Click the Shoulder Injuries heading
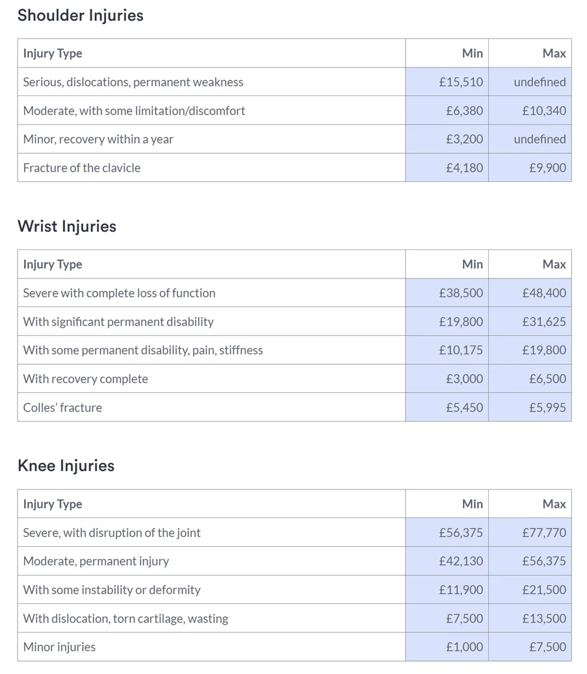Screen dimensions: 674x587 (80, 16)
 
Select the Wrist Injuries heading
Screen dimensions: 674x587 (67, 227)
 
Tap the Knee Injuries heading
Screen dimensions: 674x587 (66, 466)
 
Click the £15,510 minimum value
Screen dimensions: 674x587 (461, 82)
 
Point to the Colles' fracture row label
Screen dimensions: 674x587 (62, 408)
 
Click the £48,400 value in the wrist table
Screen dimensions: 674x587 (543, 293)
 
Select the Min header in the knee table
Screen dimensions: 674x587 (473, 505)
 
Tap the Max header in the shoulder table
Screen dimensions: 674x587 (554, 54)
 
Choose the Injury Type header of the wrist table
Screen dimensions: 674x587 (53, 265)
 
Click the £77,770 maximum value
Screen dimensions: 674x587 (543, 533)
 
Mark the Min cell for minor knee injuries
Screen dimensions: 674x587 (464, 647)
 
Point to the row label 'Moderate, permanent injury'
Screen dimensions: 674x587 (96, 562)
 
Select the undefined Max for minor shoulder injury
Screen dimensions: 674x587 (540, 140)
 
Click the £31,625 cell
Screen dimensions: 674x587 (543, 322)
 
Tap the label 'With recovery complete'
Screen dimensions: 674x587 (85, 379)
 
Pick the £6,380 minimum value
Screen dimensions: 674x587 (464, 111)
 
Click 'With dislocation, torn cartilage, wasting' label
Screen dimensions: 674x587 (125, 619)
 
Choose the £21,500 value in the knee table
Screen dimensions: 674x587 (543, 590)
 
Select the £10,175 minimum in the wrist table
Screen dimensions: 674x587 (461, 351)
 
